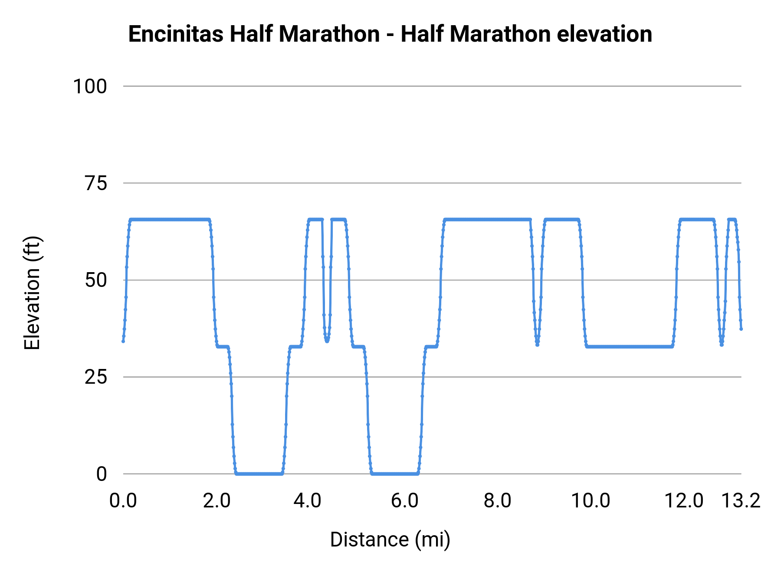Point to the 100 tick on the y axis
click(x=90, y=86)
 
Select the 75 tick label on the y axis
click(x=95, y=183)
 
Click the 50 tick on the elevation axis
click(x=95, y=280)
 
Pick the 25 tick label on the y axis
click(x=95, y=377)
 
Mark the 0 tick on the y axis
click(x=101, y=474)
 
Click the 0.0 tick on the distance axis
click(x=123, y=501)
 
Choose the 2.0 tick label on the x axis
click(x=217, y=501)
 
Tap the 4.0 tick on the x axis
click(x=307, y=501)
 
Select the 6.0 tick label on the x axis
click(x=404, y=501)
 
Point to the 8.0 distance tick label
click(x=497, y=501)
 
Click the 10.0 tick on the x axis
click(x=590, y=501)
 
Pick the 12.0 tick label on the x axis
click(x=684, y=501)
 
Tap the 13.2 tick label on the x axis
click(x=741, y=501)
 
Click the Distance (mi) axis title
click(x=390, y=540)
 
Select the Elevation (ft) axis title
click(x=32, y=293)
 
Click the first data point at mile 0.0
click(x=123, y=341)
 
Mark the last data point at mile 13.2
click(x=741, y=329)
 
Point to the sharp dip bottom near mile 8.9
click(x=537, y=345)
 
